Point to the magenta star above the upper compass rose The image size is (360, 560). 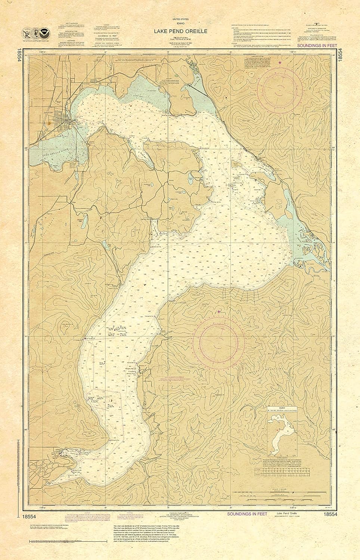point(280,63)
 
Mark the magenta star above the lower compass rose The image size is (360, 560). point(219,312)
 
